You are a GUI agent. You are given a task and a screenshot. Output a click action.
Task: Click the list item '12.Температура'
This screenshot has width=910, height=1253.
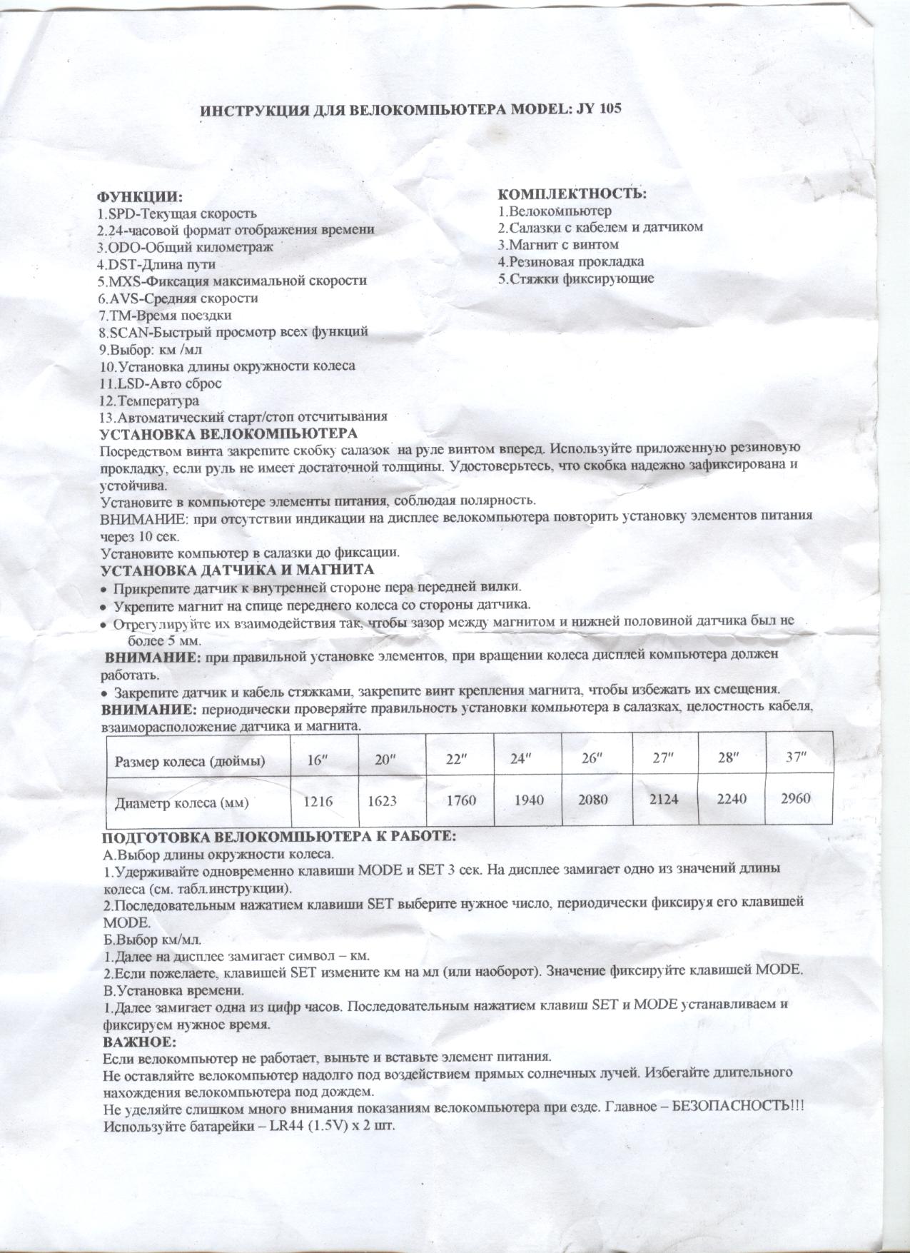tap(149, 401)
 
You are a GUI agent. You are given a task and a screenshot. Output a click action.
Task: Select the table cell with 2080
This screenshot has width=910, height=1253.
tap(594, 799)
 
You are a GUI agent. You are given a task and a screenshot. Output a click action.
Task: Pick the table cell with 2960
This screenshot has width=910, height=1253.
tap(795, 798)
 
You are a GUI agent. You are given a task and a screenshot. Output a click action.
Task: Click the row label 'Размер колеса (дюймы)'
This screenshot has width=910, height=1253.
tap(191, 761)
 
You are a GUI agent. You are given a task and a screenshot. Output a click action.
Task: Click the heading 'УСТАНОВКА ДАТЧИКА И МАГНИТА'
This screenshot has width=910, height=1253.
tap(237, 570)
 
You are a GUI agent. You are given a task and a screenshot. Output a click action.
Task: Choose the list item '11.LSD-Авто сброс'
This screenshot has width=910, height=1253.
tap(160, 383)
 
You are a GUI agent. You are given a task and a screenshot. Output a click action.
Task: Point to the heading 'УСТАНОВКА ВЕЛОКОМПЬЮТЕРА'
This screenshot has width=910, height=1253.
tap(228, 433)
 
